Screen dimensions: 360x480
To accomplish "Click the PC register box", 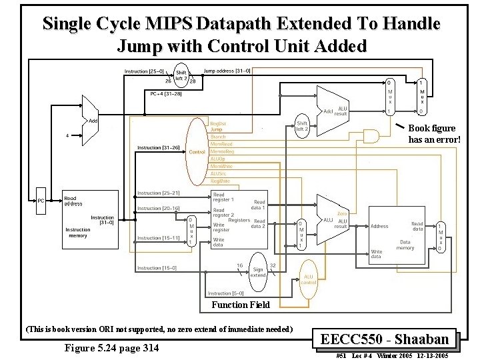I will click(x=41, y=200).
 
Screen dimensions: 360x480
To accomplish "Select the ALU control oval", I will click(x=309, y=279).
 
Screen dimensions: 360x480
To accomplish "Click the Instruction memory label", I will click(x=78, y=233).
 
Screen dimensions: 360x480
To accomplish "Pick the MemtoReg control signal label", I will click(x=222, y=151).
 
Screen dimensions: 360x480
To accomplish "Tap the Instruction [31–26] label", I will click(x=157, y=147).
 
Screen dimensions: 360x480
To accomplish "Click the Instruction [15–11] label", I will click(x=157, y=238).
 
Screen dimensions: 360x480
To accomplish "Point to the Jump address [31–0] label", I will click(x=226, y=71).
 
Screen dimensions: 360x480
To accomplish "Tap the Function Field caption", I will click(x=241, y=305).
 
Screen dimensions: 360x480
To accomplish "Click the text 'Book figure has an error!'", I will click(x=434, y=133).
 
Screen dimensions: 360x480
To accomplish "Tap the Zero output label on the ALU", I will click(x=341, y=213).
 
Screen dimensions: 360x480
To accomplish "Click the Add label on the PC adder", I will click(x=93, y=121).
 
